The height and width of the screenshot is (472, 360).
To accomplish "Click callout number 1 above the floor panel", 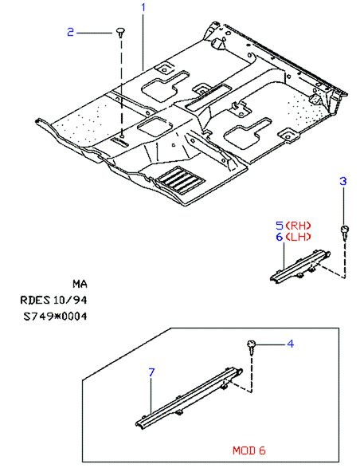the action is [143, 7].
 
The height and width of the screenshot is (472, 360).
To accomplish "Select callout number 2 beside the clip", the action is [70, 32].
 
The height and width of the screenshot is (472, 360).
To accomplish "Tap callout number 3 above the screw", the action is [342, 181].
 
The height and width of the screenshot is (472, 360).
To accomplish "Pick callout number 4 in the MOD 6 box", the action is [290, 344].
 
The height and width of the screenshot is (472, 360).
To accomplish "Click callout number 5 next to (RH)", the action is [280, 226].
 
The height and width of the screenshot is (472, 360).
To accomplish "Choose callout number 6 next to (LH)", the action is [280, 237].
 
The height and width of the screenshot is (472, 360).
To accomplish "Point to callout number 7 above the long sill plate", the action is [151, 372].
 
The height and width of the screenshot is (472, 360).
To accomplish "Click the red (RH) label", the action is [298, 226].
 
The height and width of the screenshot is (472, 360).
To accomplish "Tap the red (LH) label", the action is [298, 237].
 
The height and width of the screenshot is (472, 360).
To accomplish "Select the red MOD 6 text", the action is [249, 450].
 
